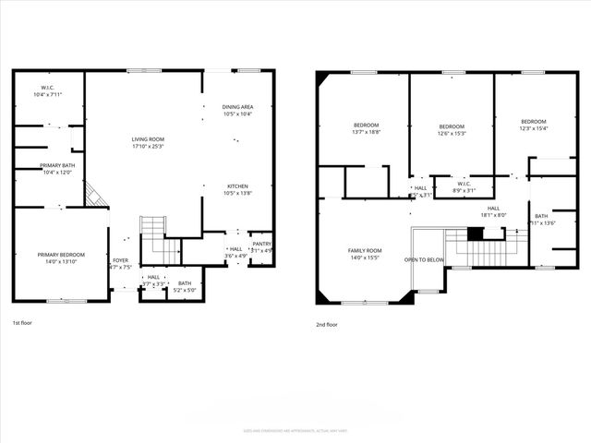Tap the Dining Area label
[x=237, y=107]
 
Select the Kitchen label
[x=237, y=186]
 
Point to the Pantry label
[x=262, y=245]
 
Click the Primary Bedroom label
[x=61, y=255]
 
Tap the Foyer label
[x=120, y=260]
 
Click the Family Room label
[x=365, y=251]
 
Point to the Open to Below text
[x=424, y=260]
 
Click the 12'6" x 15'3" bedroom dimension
[x=452, y=133]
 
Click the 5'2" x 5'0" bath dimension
[x=185, y=290]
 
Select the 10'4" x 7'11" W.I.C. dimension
[x=46, y=94]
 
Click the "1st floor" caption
[x=22, y=324]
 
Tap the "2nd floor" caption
[x=327, y=324]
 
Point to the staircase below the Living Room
[x=151, y=227]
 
